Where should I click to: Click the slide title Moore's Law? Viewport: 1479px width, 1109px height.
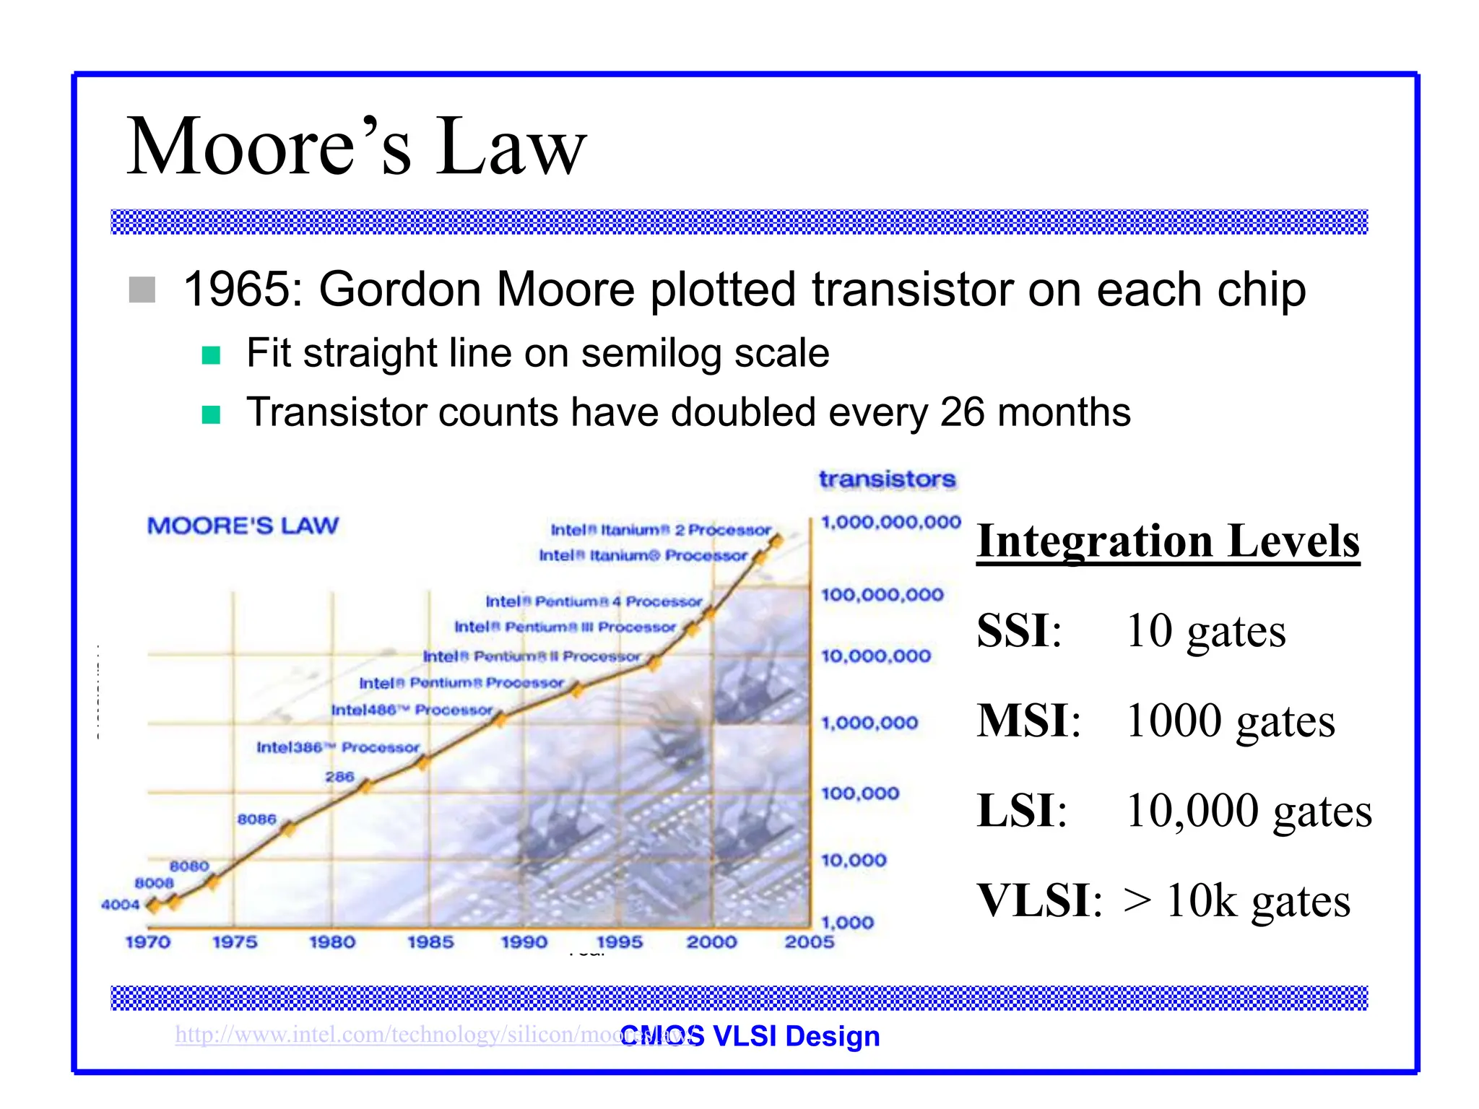tap(356, 147)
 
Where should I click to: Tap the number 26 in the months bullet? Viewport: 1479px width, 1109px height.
tap(962, 412)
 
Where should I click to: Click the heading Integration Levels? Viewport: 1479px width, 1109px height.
tap(1168, 541)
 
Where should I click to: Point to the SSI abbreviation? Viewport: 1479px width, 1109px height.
tap(1014, 630)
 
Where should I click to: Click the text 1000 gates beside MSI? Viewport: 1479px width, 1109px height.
tap(1230, 721)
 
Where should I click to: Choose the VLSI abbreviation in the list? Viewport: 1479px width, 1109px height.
tap(1033, 900)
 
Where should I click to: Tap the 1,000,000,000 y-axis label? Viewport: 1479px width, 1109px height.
tap(890, 522)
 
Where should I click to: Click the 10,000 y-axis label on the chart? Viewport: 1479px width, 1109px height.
tap(853, 860)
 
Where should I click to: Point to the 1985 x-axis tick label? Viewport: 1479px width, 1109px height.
tap(430, 942)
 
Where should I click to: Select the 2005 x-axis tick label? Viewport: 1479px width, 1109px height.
tap(809, 942)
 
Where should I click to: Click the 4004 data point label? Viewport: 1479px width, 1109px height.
tap(120, 905)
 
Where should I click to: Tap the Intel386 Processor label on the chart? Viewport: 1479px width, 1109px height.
tap(337, 747)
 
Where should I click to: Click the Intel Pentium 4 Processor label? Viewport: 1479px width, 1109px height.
tap(593, 601)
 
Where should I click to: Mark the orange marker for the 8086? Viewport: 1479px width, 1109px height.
tap(288, 829)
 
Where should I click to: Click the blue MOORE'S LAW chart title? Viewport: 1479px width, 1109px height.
tap(243, 526)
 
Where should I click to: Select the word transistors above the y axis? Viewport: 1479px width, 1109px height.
tap(887, 479)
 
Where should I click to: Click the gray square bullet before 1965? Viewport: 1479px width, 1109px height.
tap(142, 290)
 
